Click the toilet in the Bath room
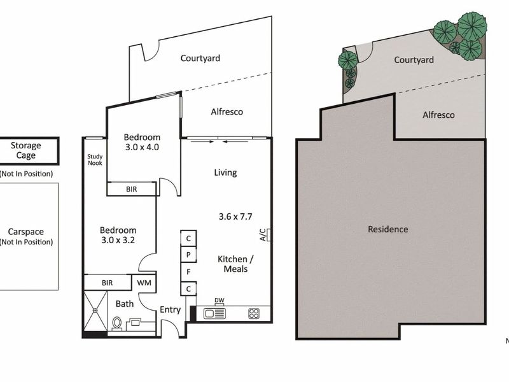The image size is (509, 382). coord(116,323)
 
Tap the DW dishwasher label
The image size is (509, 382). coord(220,300)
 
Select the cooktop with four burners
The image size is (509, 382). coord(253,313)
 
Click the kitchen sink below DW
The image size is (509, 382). coord(214,313)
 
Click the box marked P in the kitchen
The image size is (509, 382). coord(189,254)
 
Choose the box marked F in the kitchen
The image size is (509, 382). coord(189,271)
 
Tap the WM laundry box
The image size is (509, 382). coord(143,282)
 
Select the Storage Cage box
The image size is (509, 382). coord(26,151)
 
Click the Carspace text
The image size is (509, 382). coord(26,232)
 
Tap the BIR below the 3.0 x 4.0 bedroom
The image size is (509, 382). coord(131,189)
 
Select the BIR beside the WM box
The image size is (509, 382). coord(107,282)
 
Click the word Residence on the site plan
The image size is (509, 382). coord(388,229)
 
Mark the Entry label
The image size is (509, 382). coord(170,310)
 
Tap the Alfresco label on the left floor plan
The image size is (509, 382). coord(227,112)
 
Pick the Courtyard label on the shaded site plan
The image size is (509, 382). coord(414,60)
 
